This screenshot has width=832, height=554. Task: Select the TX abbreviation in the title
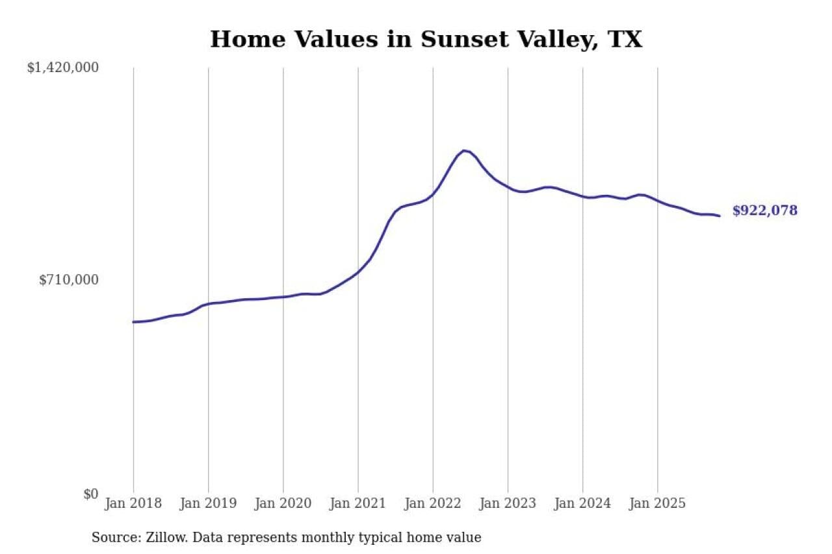(x=625, y=39)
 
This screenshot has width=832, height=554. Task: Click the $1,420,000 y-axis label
(x=62, y=68)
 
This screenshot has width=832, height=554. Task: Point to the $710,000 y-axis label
(x=69, y=280)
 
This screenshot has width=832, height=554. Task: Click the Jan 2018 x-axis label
(x=133, y=503)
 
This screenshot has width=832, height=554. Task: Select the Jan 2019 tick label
(x=208, y=503)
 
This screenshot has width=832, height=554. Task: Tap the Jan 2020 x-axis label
(x=283, y=503)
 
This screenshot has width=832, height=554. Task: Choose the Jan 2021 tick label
(x=357, y=503)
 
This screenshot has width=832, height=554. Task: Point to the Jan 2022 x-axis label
(x=433, y=503)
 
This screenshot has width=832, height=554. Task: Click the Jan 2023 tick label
(x=508, y=503)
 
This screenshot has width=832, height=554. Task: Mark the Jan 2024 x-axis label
(x=582, y=503)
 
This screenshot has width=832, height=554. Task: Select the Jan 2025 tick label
(x=657, y=503)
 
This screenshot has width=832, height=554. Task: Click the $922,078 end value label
(x=764, y=210)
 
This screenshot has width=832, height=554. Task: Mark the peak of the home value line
(x=464, y=151)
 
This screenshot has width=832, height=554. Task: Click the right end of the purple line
(x=719, y=216)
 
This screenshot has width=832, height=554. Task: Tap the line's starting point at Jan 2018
(x=134, y=321)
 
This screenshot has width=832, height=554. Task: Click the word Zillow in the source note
(x=163, y=537)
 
